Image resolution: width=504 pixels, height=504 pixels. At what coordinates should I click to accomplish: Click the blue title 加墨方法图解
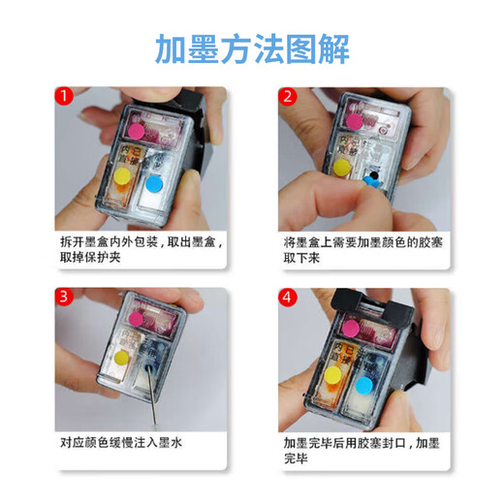pyautogui.click(x=252, y=49)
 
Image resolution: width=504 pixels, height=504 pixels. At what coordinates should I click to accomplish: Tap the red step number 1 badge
pyautogui.click(x=64, y=96)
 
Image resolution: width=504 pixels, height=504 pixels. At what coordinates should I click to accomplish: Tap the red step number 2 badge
pyautogui.click(x=288, y=96)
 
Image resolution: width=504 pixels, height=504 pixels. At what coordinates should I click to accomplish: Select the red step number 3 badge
pyautogui.click(x=64, y=297)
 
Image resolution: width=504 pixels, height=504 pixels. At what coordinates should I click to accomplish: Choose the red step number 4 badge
pyautogui.click(x=288, y=297)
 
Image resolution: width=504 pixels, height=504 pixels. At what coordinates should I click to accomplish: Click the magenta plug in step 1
pyautogui.click(x=136, y=131)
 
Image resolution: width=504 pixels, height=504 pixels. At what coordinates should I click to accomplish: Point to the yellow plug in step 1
pyautogui.click(x=122, y=176)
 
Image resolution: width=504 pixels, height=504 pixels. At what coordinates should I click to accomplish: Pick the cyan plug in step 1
pyautogui.click(x=154, y=184)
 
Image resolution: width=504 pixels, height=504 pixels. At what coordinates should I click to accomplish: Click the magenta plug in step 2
pyautogui.click(x=355, y=122)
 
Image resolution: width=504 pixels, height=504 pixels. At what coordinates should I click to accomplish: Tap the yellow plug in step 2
pyautogui.click(x=342, y=168)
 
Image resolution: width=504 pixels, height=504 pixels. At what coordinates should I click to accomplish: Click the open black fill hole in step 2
pyautogui.click(x=373, y=175)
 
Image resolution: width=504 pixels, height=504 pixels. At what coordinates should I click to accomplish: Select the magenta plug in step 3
pyautogui.click(x=136, y=319)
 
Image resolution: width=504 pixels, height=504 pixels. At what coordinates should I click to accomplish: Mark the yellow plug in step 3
pyautogui.click(x=121, y=357)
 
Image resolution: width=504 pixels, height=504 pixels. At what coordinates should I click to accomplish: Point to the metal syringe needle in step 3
pyautogui.click(x=152, y=395)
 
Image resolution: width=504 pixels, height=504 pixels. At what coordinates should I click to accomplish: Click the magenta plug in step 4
pyautogui.click(x=351, y=329)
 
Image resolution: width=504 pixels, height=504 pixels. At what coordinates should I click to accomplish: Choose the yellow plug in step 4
pyautogui.click(x=332, y=375)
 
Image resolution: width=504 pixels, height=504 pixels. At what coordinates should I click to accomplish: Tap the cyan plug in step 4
pyautogui.click(x=363, y=386)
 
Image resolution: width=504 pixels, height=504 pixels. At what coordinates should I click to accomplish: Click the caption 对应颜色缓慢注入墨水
pyautogui.click(x=121, y=442)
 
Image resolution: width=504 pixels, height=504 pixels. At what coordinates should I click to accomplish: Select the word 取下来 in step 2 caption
pyautogui.click(x=301, y=258)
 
